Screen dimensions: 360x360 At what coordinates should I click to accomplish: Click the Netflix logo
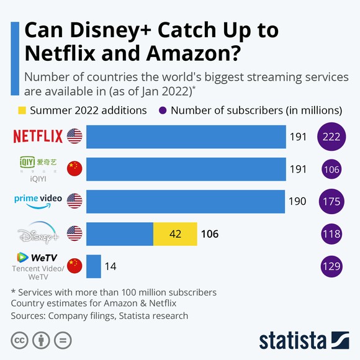click(38, 136)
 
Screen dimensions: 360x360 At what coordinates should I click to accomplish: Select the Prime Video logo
click(38, 200)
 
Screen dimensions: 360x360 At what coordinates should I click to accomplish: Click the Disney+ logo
click(38, 235)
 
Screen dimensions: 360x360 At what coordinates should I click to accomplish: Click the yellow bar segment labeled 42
click(175, 234)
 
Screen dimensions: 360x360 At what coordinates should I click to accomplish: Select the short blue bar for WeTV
click(94, 266)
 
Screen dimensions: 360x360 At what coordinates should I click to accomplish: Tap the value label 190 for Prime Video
click(298, 201)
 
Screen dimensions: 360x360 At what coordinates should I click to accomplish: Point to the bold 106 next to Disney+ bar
click(209, 234)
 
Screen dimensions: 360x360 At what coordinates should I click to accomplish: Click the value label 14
click(110, 266)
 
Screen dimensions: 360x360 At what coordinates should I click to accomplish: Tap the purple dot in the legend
click(162, 110)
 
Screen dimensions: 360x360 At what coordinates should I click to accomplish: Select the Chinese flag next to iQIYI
click(74, 168)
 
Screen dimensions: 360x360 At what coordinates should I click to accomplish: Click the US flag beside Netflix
click(74, 136)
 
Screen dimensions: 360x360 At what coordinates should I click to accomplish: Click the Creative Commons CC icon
click(19, 340)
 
